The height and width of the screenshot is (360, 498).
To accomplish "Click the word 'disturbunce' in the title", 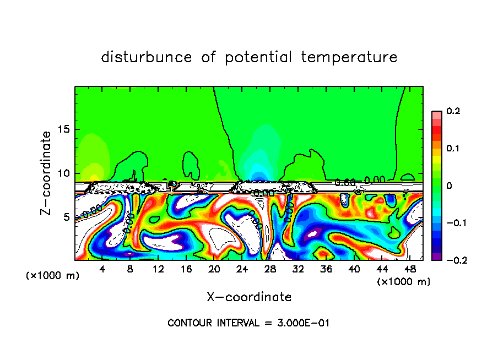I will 147,57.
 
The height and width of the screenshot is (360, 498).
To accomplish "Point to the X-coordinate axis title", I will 249,297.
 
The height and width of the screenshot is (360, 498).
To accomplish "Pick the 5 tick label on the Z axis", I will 67,217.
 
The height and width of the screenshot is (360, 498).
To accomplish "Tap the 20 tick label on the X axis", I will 214,270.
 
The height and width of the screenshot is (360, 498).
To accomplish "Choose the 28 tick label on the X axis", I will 270,270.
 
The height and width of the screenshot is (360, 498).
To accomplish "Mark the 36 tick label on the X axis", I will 326,270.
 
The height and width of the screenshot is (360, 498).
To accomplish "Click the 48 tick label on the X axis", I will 409,270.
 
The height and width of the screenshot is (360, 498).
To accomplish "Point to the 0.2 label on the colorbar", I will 453,111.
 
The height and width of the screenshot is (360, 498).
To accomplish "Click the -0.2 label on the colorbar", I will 453,260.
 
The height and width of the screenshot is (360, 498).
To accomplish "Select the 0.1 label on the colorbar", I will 453,149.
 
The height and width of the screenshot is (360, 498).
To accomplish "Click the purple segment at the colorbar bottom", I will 436,257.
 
